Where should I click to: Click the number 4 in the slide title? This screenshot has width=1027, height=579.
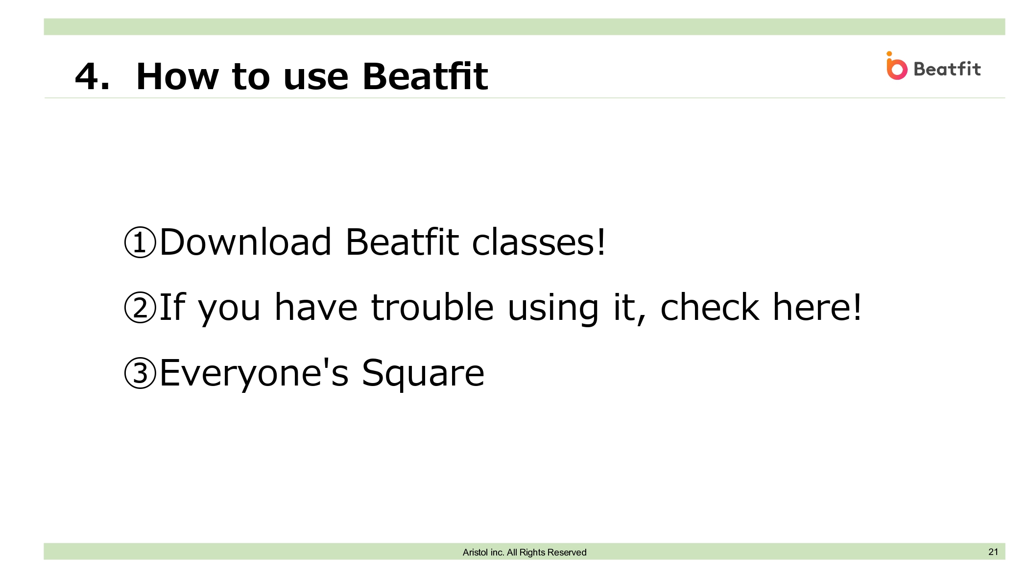88,77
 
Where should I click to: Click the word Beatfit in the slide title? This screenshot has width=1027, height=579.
425,76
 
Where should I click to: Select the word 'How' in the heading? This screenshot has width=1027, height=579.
177,77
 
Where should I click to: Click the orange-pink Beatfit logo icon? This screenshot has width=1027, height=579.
896,66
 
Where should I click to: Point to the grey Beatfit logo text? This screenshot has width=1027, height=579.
947,69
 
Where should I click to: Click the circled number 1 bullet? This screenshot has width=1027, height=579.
140,242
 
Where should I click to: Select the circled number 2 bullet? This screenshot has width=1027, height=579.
140,308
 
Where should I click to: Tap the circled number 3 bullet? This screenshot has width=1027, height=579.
140,373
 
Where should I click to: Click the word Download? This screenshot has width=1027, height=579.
246,242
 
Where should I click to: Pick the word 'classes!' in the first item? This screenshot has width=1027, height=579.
539,242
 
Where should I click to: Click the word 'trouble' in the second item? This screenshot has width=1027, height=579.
432,307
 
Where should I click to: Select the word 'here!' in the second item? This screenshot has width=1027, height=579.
817,307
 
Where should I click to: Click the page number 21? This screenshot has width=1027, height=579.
993,552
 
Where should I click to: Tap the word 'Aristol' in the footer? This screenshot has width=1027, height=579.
475,553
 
